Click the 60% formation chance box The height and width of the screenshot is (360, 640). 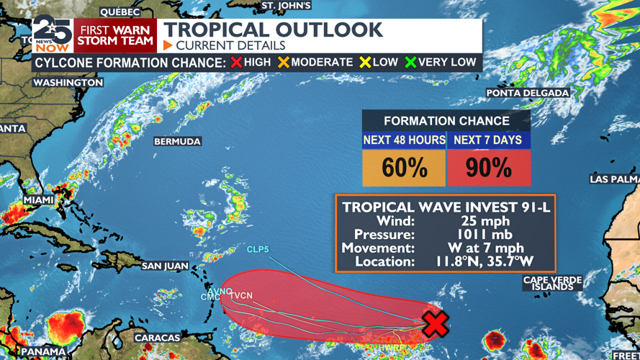click(x=404, y=168)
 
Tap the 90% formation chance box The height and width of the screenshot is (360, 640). click(x=489, y=168)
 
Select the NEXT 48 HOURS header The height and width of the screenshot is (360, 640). click(x=404, y=140)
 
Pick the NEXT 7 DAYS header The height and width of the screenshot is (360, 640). click(x=488, y=140)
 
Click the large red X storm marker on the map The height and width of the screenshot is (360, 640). click(x=435, y=323)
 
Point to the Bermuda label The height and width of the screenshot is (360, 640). click(x=177, y=142)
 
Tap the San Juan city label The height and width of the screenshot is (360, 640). click(x=165, y=266)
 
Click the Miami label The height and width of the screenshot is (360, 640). click(x=38, y=199)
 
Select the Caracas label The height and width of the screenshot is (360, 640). click(x=157, y=338)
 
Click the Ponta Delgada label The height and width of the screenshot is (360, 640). click(x=528, y=93)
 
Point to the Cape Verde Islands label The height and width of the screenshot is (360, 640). click(x=552, y=283)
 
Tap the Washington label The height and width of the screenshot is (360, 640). click(x=68, y=83)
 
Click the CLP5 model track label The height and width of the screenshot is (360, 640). click(x=258, y=250)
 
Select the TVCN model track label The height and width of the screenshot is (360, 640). click(x=241, y=295)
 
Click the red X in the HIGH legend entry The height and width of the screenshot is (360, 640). click(x=236, y=63)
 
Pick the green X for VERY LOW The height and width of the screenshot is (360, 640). click(x=410, y=63)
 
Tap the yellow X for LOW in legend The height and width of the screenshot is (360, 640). click(x=365, y=63)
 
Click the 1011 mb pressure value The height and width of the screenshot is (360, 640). click(x=484, y=235)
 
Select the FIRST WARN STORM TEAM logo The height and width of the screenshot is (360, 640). click(x=115, y=35)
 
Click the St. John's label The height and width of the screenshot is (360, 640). click(x=286, y=6)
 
